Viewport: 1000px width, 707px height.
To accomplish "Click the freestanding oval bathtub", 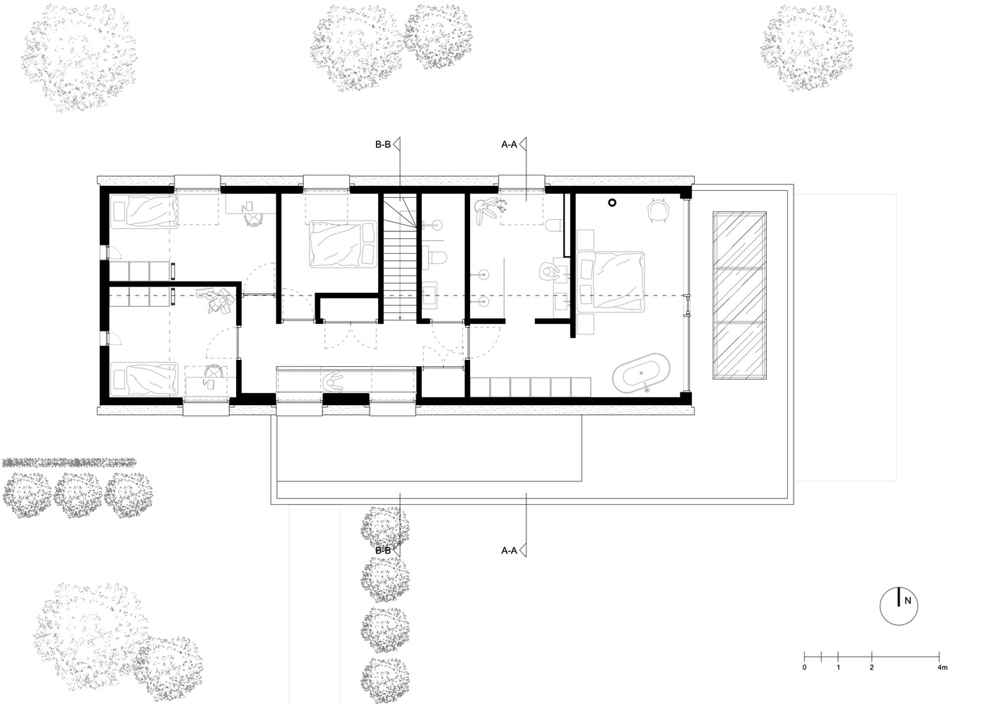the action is click(x=641, y=373).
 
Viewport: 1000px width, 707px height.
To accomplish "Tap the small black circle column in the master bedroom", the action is click(x=613, y=203).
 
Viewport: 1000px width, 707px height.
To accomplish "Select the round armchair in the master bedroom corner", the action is click(x=659, y=210).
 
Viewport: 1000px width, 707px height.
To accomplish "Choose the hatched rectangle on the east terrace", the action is click(x=739, y=296).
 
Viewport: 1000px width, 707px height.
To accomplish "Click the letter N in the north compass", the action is click(x=907, y=601).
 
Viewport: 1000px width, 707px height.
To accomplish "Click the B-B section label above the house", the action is click(x=383, y=144).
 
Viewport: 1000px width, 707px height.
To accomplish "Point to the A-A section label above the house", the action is click(x=509, y=144).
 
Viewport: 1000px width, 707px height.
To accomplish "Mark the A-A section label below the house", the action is click(x=509, y=551).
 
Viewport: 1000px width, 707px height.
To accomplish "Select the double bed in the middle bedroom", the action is click(x=343, y=244).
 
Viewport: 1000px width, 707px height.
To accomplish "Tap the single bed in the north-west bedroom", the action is click(x=143, y=211).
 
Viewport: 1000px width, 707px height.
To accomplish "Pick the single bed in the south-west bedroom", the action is click(x=143, y=379).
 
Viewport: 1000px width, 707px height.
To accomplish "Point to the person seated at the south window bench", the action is click(x=334, y=380).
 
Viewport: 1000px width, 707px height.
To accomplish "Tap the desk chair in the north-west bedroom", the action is click(x=254, y=220).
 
